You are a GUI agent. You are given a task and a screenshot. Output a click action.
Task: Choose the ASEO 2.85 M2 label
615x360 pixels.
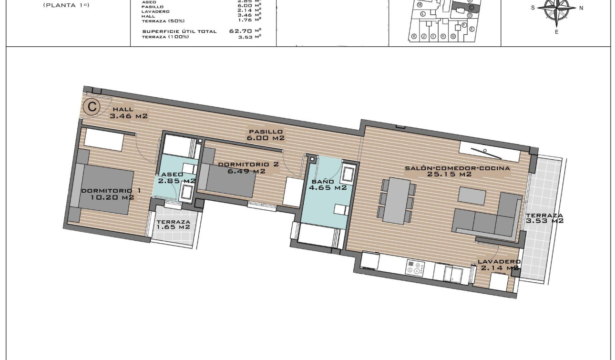(x=176, y=178)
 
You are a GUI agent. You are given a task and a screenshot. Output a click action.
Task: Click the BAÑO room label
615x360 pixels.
(x=327, y=185)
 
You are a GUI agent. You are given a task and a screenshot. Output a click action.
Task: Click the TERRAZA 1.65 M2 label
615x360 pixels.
(x=173, y=225)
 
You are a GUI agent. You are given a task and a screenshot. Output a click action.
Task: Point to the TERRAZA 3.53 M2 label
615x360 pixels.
(x=544, y=218)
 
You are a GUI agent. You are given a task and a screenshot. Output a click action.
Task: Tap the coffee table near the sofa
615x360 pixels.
(x=472, y=196)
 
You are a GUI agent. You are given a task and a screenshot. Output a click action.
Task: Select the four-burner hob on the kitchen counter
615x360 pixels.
(x=415, y=268)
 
